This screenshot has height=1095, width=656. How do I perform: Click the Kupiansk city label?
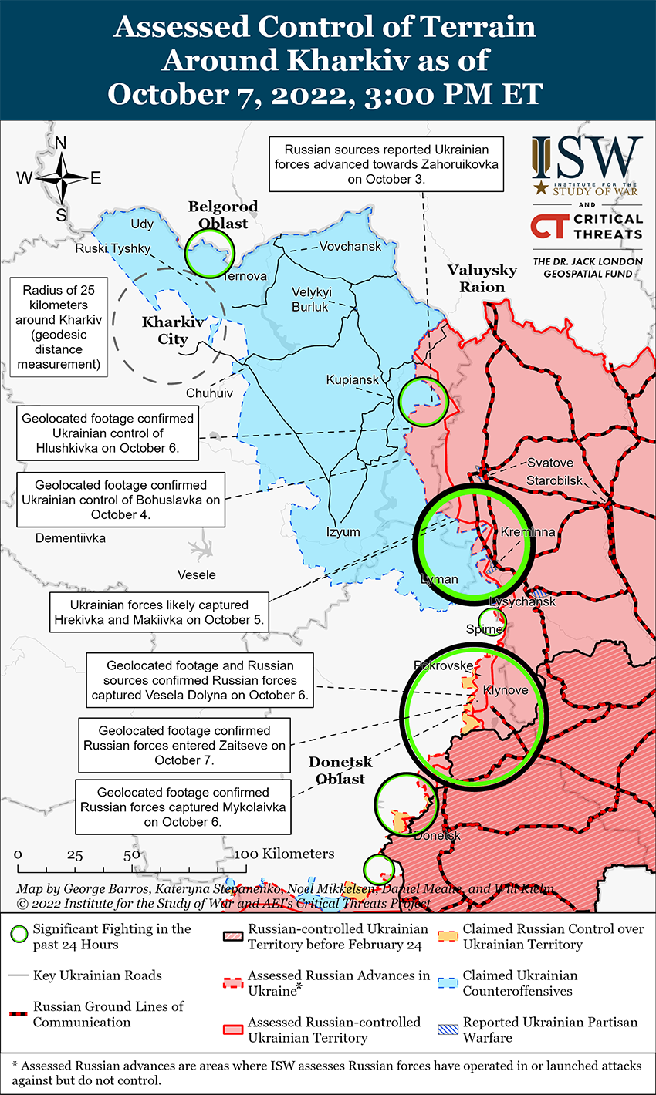(x=353, y=380)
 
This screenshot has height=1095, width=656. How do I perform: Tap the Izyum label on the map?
(x=343, y=532)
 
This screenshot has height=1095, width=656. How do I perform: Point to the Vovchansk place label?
(x=350, y=247)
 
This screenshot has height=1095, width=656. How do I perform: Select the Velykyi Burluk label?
(x=311, y=299)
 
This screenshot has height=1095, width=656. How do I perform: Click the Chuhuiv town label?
(x=209, y=393)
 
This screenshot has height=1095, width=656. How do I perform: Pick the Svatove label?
(x=550, y=463)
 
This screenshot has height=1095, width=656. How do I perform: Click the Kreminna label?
(x=527, y=533)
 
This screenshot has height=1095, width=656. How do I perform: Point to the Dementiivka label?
(x=70, y=538)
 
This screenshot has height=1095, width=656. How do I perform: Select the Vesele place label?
(x=196, y=574)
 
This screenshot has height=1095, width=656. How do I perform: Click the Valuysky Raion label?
(x=482, y=278)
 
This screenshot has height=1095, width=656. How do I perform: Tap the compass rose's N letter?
(x=61, y=143)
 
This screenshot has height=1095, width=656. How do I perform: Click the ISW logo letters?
(x=587, y=159)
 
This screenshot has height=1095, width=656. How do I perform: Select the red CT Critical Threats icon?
(x=549, y=226)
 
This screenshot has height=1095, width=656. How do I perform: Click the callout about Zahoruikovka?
(x=386, y=164)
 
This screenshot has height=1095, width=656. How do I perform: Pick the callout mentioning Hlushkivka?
(x=108, y=433)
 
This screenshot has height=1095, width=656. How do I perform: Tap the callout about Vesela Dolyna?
(x=200, y=680)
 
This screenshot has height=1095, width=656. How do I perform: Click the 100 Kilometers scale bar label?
(x=285, y=854)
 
